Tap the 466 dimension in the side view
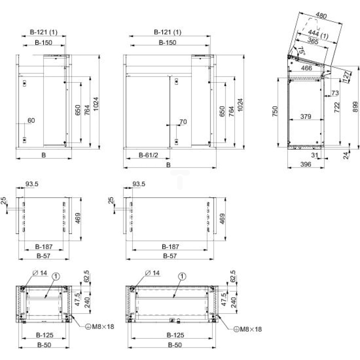click(x=306, y=68)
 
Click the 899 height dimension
click(x=355, y=107)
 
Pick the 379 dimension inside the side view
click(x=306, y=116)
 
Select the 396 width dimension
click(x=306, y=164)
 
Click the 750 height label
click(x=275, y=111)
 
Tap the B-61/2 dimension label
click(x=149, y=155)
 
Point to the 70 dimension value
click(x=183, y=122)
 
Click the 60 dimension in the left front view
click(x=31, y=120)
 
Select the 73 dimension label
click(x=335, y=93)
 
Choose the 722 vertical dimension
click(x=337, y=107)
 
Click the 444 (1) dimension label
click(x=318, y=34)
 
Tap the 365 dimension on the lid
click(x=313, y=41)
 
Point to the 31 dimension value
click(x=315, y=155)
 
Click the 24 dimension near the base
click(x=346, y=156)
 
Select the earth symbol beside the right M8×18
click(x=236, y=329)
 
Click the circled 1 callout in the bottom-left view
click(x=56, y=276)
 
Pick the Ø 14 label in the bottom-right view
click(x=152, y=273)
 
